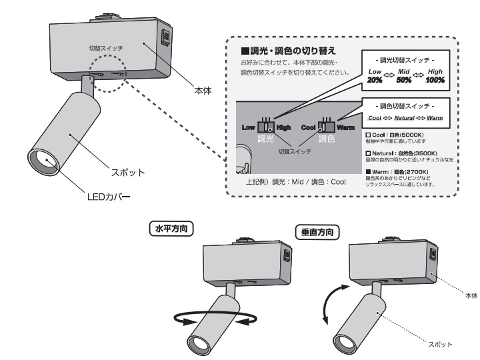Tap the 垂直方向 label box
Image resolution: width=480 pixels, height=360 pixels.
click(x=317, y=233)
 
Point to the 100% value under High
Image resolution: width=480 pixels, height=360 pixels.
click(x=435, y=80)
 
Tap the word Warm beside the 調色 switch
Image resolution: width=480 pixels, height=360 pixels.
click(x=345, y=127)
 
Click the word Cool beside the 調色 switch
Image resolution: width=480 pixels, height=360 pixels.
click(x=308, y=127)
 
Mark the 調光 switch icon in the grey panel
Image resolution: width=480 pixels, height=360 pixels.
click(x=267, y=126)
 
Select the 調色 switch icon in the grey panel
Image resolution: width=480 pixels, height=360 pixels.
click(x=327, y=125)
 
